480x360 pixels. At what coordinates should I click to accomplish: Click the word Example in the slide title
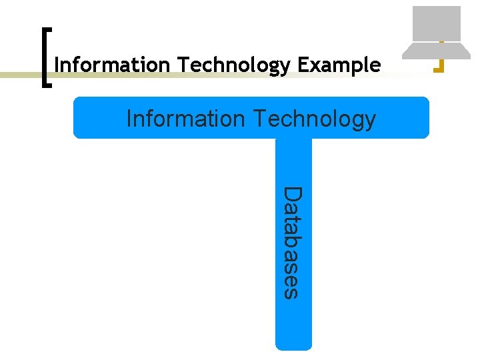pos(339,65)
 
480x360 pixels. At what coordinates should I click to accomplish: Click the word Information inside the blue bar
pos(185,119)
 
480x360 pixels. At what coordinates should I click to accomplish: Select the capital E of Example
pos(303,65)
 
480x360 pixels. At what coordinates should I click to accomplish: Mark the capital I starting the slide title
pos(57,65)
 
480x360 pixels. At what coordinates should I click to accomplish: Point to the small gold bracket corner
pos(439,65)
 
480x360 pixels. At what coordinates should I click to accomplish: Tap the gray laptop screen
pos(437,23)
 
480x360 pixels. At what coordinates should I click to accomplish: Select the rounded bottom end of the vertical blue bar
pos(293,343)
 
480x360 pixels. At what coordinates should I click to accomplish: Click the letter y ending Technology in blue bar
pos(370,121)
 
